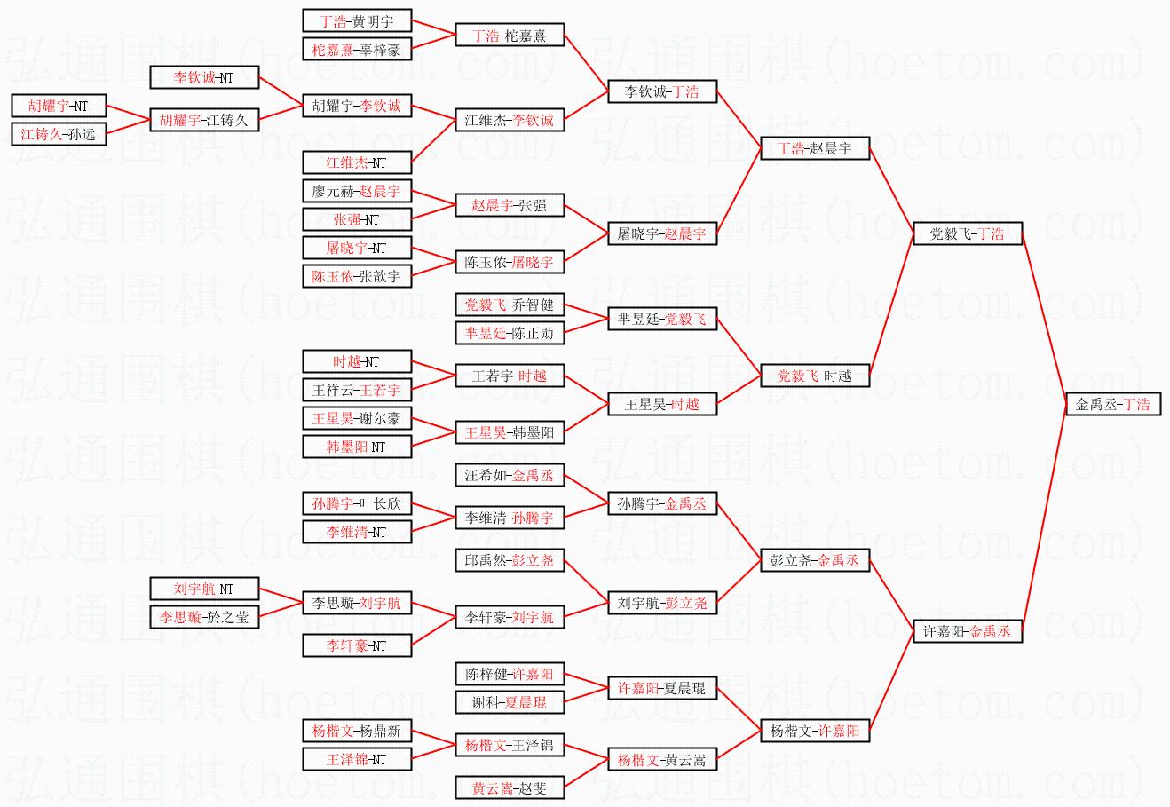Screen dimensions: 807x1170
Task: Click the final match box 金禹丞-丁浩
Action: (1112, 404)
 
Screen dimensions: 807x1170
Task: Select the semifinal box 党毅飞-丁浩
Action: (967, 233)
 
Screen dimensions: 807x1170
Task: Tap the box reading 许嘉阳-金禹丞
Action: (967, 631)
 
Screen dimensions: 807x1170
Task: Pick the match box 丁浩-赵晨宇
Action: (814, 148)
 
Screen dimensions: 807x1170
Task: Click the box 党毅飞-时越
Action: (814, 376)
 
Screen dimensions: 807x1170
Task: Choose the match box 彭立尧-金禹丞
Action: (814, 560)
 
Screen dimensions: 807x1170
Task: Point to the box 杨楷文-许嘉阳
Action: (814, 731)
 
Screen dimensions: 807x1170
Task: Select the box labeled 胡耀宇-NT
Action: (58, 106)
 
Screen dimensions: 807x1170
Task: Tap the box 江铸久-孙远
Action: (58, 134)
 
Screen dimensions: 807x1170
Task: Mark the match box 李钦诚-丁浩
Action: (661, 91)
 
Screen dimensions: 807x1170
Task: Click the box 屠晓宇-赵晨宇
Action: (661, 233)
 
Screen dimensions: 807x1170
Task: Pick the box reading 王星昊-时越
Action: (661, 404)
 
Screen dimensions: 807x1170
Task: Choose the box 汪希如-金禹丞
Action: (509, 475)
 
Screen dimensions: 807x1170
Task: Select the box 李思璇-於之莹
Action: (203, 617)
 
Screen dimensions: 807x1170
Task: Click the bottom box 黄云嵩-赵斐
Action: (509, 787)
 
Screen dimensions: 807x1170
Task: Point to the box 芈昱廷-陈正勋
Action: (509, 333)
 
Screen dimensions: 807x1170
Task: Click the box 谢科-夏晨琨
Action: (509, 702)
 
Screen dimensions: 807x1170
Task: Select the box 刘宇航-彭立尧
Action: (661, 603)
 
